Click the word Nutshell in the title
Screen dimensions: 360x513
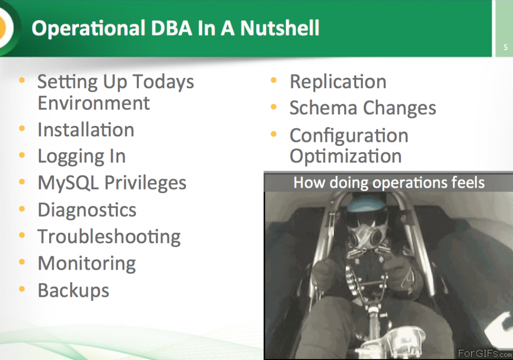(x=280, y=29)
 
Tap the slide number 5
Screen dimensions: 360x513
(x=505, y=48)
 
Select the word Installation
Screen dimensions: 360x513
(x=86, y=130)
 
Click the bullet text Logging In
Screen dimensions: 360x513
(x=81, y=156)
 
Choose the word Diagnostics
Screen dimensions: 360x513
(x=87, y=210)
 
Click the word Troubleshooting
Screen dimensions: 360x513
(x=109, y=237)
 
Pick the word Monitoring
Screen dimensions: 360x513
(x=87, y=263)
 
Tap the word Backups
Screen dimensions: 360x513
(x=73, y=290)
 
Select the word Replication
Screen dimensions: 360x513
(x=338, y=82)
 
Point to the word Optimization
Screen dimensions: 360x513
(x=345, y=156)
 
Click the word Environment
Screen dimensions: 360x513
(x=93, y=103)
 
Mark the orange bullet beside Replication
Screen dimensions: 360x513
(x=274, y=81)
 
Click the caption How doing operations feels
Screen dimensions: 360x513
(x=389, y=182)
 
